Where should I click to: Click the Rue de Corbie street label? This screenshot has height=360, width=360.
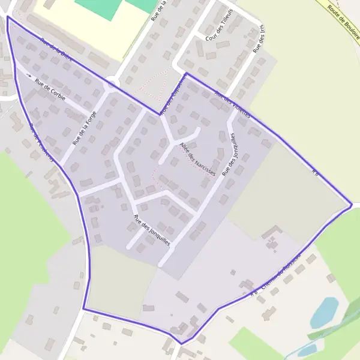tap(50, 89)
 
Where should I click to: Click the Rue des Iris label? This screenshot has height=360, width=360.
tap(259, 41)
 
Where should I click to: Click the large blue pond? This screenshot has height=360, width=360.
tap(325, 312)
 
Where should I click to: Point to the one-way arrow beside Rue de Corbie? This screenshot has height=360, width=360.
tap(28, 76)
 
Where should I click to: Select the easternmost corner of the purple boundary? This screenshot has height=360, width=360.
tap(352, 205)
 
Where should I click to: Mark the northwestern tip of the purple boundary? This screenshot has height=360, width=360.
tap(7, 17)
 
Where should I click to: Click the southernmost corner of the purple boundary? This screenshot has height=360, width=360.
tap(181, 344)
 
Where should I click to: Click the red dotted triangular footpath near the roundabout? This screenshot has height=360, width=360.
tap(154, 83)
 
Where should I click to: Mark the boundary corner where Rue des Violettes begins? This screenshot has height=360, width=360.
tap(186, 73)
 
